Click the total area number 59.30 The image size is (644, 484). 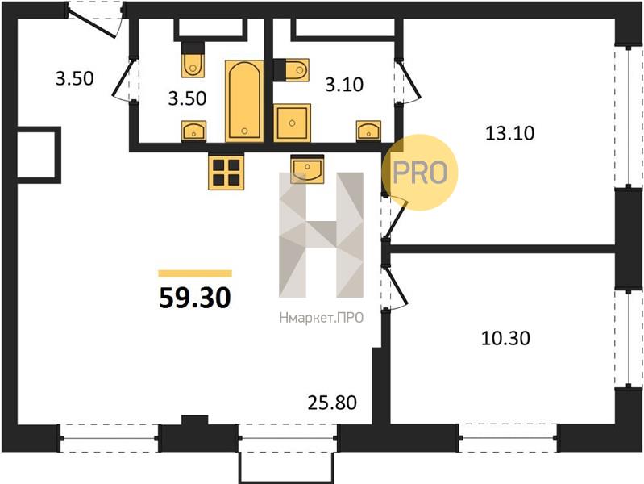tap(195, 298)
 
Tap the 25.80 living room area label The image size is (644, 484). tap(332, 403)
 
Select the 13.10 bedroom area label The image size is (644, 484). tap(509, 133)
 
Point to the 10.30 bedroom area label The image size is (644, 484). tap(505, 338)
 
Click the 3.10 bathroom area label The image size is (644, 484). tap(344, 85)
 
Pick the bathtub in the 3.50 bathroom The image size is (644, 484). tap(244, 101)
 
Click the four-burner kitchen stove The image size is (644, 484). tap(226, 172)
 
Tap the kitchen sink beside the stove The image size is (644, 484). tap(307, 169)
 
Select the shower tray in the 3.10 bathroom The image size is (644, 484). tap(292, 123)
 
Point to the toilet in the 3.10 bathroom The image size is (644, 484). tap(291, 70)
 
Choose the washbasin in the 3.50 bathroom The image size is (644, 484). tap(193, 131)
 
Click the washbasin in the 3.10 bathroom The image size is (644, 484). tap(368, 131)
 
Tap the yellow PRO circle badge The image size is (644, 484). tap(420, 173)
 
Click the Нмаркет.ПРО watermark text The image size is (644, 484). tap(321, 318)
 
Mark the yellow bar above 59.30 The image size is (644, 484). tap(195, 273)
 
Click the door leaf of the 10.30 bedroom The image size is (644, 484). tap(397, 286)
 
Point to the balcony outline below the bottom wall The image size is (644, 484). tap(287, 466)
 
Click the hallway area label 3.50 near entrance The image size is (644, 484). tap(75, 78)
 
